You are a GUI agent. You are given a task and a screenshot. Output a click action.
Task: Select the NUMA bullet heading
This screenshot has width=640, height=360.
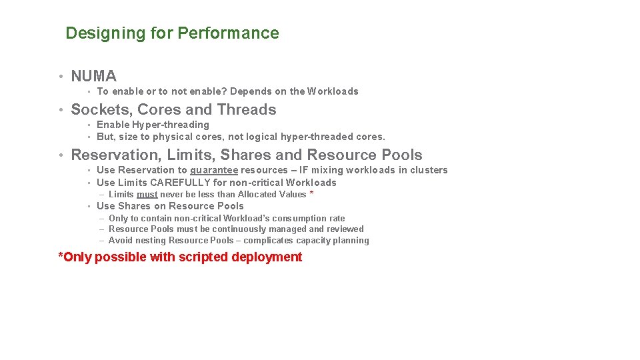click(93, 77)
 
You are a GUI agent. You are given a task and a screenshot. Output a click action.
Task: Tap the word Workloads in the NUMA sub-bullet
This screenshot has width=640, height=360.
click(333, 91)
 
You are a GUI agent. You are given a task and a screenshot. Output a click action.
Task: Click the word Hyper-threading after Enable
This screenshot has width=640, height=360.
click(171, 125)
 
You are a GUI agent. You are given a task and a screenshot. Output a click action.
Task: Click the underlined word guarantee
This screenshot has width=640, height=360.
click(214, 170)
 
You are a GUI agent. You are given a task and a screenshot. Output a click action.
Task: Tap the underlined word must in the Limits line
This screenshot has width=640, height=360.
click(147, 195)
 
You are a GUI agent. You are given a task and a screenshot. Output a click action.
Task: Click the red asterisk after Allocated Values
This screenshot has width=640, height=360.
click(311, 194)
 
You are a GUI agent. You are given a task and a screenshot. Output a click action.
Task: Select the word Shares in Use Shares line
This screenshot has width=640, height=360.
click(135, 206)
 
